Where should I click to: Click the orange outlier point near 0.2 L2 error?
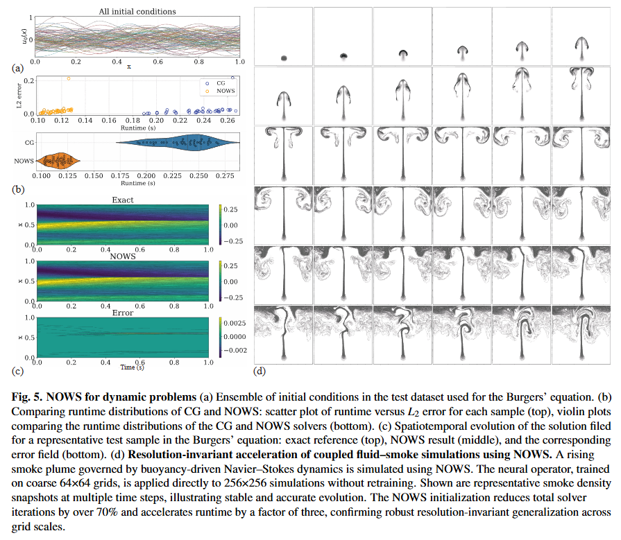click(69, 78)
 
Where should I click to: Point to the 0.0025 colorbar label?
click(232, 323)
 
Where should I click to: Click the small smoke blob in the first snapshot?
click(284, 58)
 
